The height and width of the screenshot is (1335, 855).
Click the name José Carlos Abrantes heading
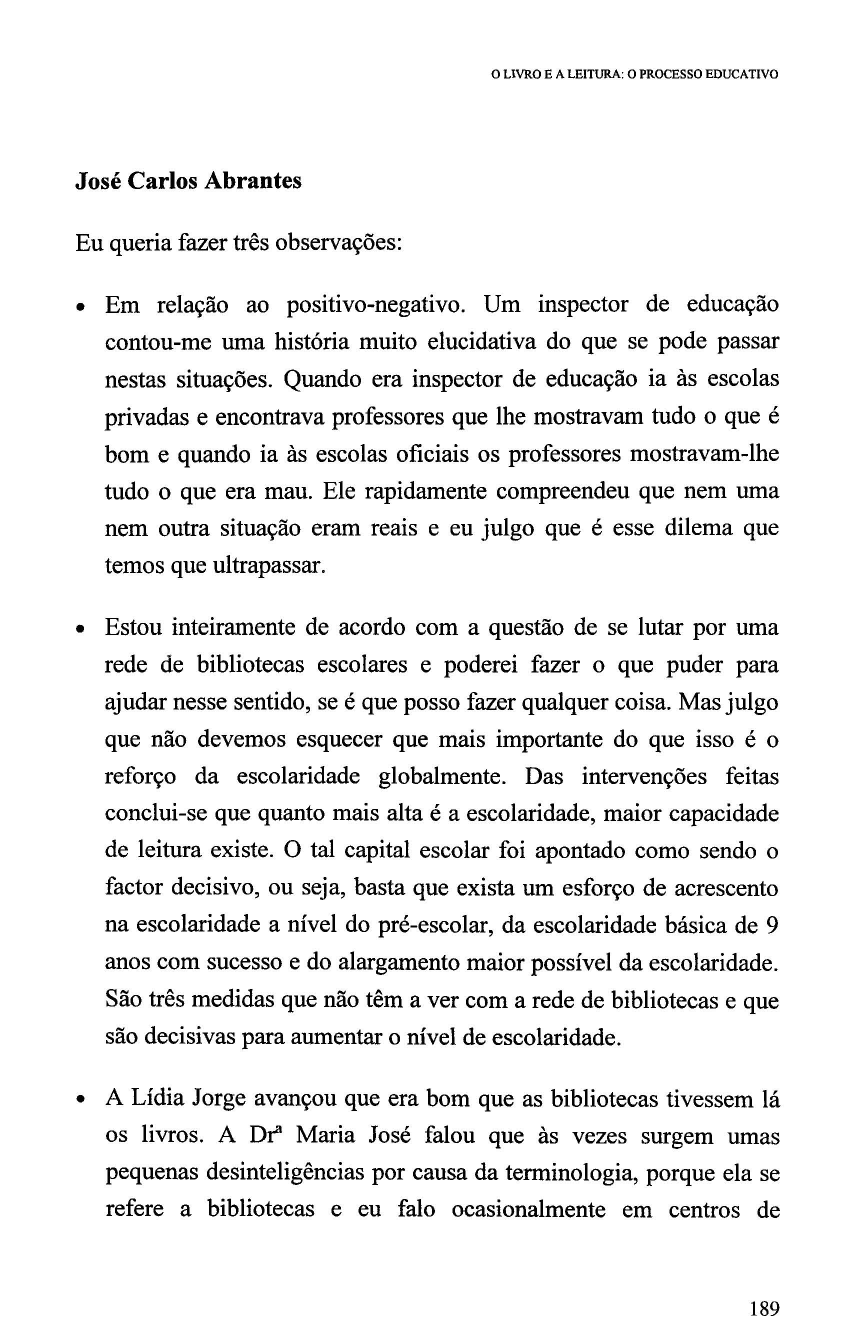[x=188, y=181]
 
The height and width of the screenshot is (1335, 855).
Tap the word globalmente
[x=442, y=776]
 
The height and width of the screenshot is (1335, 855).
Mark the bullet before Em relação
[x=81, y=307]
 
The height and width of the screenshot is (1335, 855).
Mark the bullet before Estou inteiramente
[x=81, y=629]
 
